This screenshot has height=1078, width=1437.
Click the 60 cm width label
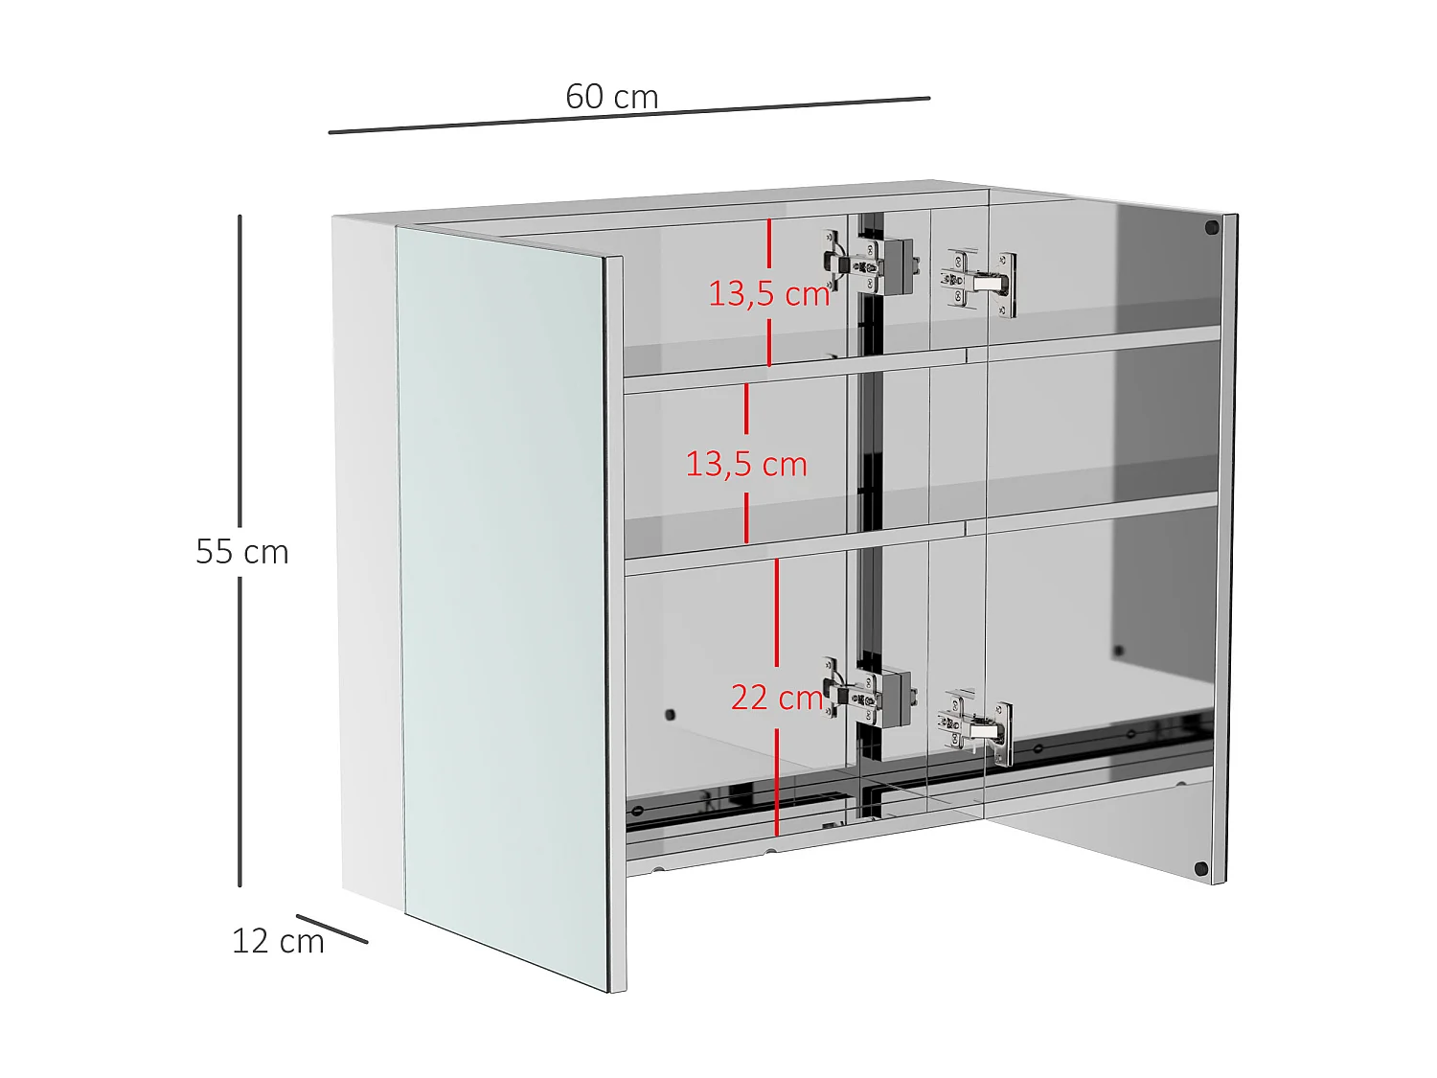click(611, 97)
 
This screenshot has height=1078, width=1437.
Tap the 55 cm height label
click(242, 551)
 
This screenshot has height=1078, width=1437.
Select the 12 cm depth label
click(278, 941)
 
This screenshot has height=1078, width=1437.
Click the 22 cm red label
click(776, 697)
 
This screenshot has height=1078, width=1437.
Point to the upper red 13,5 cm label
click(768, 293)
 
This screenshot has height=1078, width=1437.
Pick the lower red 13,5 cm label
click(746, 464)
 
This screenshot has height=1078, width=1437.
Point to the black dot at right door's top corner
click(1212, 228)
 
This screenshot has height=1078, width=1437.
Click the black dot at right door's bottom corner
click(1201, 869)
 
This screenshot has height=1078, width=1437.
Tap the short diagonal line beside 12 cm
click(331, 929)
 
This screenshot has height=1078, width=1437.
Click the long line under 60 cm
click(628, 115)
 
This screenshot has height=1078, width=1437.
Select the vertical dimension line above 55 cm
click(239, 374)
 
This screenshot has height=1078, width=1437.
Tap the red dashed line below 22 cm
click(776, 781)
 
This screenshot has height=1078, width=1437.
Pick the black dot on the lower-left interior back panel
click(670, 715)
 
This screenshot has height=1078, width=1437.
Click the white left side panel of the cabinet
click(369, 556)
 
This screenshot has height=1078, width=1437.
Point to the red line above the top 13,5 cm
click(768, 244)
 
